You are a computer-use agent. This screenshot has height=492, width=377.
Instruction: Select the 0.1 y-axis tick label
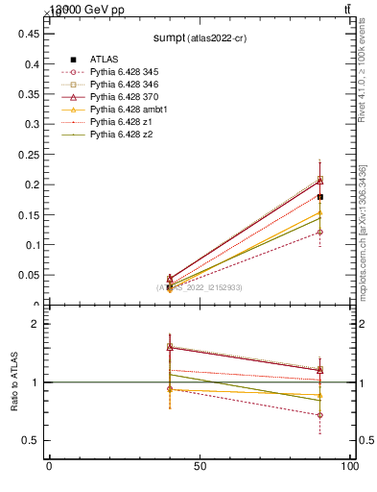click(x=29, y=244)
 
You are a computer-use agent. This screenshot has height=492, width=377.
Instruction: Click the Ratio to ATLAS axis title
click(x=15, y=382)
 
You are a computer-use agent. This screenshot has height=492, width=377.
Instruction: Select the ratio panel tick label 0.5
click(x=29, y=440)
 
